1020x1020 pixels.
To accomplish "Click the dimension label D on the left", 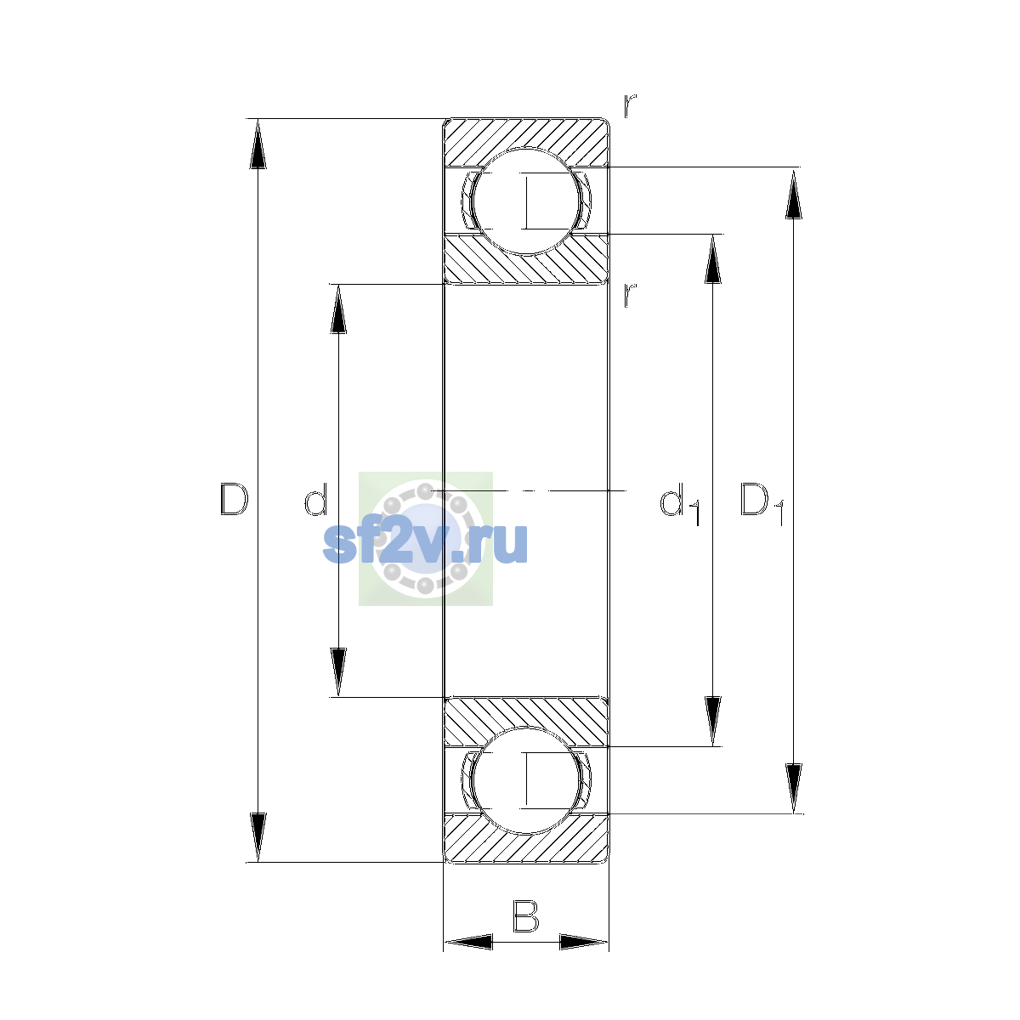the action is (x=234, y=499).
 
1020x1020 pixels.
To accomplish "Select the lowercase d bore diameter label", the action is (x=315, y=499).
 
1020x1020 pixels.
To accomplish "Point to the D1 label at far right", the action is (x=762, y=503).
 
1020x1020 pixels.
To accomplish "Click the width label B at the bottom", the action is (x=525, y=916).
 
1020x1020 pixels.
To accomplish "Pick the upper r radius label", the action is (x=630, y=105).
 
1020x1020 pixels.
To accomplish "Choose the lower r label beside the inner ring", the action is (x=630, y=295).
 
